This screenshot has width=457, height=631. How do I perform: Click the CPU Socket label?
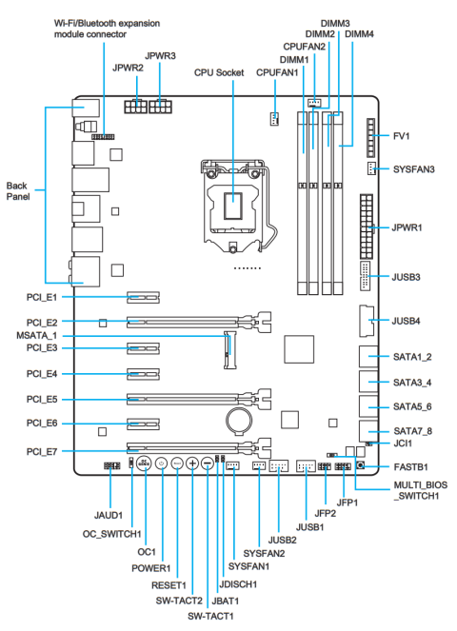(220, 71)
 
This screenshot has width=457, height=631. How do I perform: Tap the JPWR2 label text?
(128, 69)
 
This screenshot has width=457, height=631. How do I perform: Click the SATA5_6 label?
(413, 407)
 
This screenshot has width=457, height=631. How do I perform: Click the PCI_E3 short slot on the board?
(142, 348)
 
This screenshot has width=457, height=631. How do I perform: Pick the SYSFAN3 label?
(415, 168)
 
